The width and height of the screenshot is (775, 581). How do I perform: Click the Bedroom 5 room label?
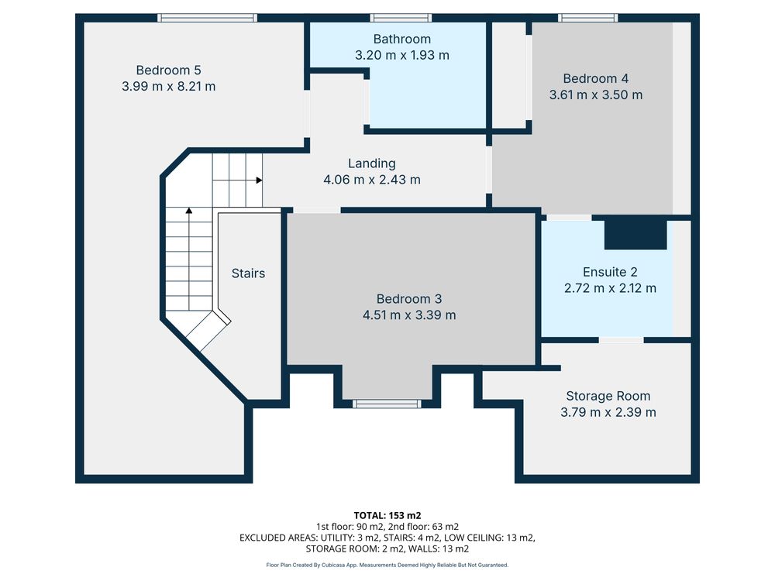point(168,70)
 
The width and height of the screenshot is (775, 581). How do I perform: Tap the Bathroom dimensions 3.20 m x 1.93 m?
point(402,55)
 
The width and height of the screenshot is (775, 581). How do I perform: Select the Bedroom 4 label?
point(595,78)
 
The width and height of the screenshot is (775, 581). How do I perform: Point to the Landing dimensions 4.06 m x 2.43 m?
point(372,180)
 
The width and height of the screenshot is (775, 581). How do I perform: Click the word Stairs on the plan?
point(248,273)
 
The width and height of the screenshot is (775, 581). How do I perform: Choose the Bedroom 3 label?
point(409,299)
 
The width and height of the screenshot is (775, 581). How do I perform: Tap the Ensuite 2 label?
point(610,272)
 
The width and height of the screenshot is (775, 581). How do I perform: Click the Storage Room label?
point(608,396)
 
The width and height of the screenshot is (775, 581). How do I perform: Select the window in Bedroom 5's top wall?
point(208,18)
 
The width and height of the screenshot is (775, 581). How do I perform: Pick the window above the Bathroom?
point(401,18)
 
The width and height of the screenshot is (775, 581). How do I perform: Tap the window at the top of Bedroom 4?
point(588,18)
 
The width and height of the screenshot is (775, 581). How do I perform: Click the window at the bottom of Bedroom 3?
point(387,404)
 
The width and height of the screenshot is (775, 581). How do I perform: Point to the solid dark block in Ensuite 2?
point(635,235)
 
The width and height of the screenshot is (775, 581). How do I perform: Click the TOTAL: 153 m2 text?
point(387,516)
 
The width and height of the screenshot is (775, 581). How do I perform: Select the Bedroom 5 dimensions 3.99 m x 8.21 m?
point(168,87)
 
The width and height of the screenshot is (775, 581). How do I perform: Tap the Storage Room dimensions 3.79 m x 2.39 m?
point(608,412)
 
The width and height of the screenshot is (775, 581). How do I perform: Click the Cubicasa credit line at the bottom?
point(387,565)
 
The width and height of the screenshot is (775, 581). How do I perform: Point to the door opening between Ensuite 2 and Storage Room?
point(622,340)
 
